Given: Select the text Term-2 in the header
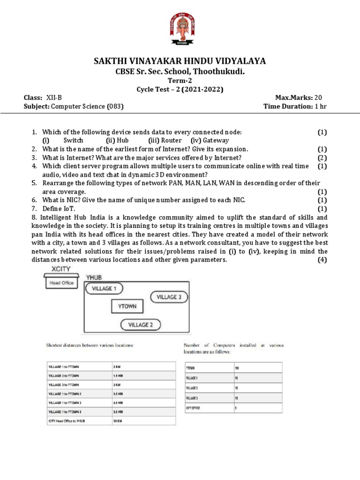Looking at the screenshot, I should [x=180, y=81].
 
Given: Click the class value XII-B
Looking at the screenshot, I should [x=54, y=97].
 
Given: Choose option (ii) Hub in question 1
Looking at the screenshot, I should [x=117, y=140].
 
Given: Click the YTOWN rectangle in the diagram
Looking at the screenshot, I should [x=127, y=307].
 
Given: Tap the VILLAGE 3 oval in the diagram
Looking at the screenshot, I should [x=169, y=297].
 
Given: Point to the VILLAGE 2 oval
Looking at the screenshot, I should [x=140, y=324].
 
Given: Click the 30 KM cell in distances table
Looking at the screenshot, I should [x=118, y=420].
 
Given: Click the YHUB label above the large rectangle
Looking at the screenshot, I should [x=94, y=277].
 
